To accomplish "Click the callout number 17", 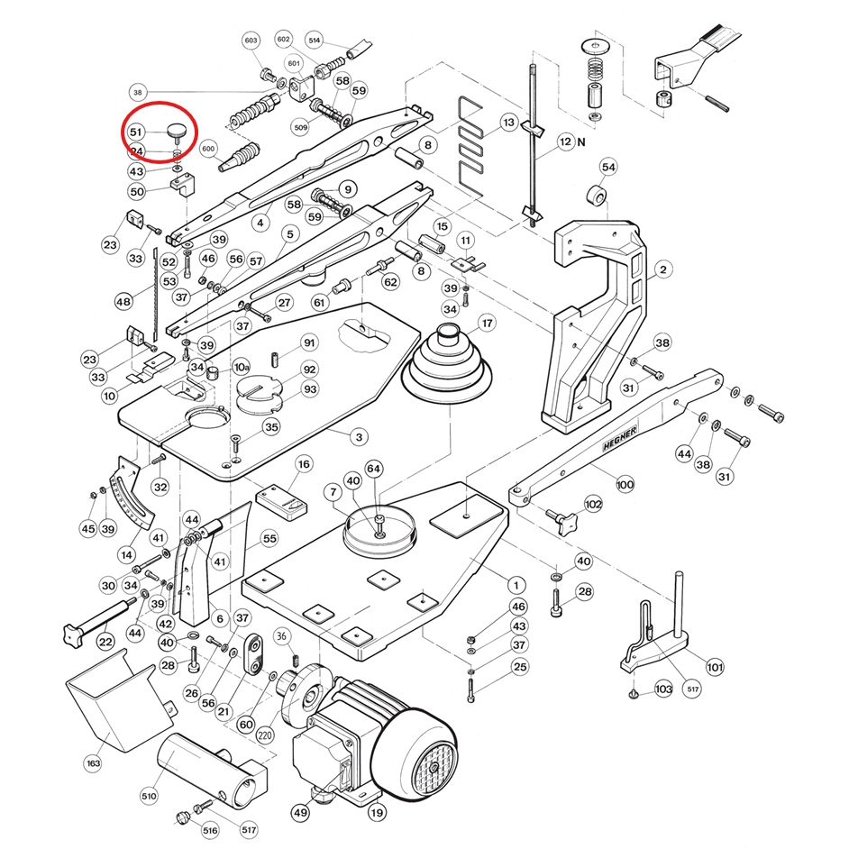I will point(487,323).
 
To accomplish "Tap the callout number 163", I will point(93,763).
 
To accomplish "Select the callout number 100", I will point(625,484).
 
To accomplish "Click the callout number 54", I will point(608,168).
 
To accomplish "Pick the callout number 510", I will point(149,795).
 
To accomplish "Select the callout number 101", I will point(714,668).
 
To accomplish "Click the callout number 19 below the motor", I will point(377,812).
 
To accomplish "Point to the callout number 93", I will point(310,389).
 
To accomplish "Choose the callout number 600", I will point(209,149).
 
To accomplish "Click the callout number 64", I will point(374,468).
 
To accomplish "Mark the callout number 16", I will point(304,464).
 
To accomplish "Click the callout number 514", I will point(315,41).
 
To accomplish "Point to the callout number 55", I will point(269,539).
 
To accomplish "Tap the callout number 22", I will point(105,641).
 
